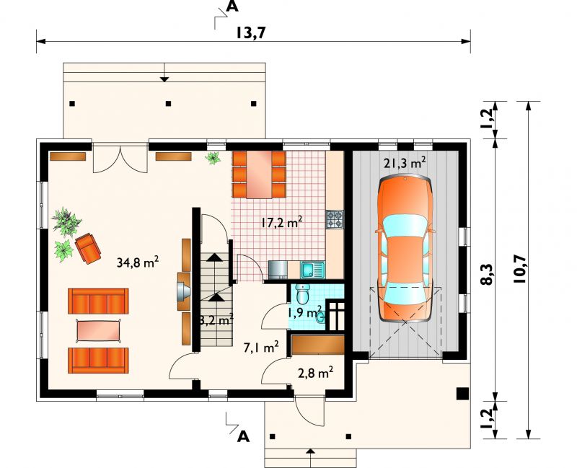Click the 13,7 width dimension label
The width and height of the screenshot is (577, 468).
click(250, 32)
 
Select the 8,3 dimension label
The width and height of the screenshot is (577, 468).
click(486, 274)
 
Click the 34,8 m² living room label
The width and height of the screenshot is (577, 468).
click(138, 262)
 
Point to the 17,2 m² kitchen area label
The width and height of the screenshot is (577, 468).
click(282, 223)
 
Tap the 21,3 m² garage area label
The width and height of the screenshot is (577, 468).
click(405, 163)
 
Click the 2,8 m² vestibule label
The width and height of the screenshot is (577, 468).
click(316, 373)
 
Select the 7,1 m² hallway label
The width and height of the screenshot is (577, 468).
click(261, 347)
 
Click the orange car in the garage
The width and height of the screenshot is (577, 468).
click(405, 250)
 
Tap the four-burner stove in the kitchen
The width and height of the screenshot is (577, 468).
click(335, 219)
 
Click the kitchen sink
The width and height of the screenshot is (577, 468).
click(312, 270)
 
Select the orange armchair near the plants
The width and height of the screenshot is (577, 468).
click(88, 248)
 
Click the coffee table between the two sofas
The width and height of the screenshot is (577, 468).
click(99, 331)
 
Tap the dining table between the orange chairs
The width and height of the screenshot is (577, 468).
click(260, 174)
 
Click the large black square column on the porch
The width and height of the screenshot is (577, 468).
click(462, 393)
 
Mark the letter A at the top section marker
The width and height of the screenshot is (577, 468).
click(232, 6)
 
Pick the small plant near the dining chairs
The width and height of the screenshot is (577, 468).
click(213, 158)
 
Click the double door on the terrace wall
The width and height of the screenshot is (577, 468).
click(120, 159)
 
